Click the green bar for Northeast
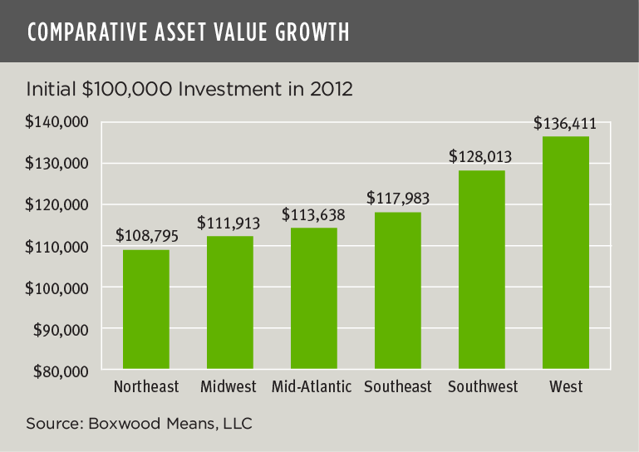146,309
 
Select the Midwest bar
230,302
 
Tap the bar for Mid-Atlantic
314,298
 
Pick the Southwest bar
481,269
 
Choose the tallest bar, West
565,253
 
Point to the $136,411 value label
565,125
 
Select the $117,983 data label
397,199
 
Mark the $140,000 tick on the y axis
58,122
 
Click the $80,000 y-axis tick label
61,371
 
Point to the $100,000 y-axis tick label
58,287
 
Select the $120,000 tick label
58,204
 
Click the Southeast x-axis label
397,387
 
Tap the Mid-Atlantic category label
312,387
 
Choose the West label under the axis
565,387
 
